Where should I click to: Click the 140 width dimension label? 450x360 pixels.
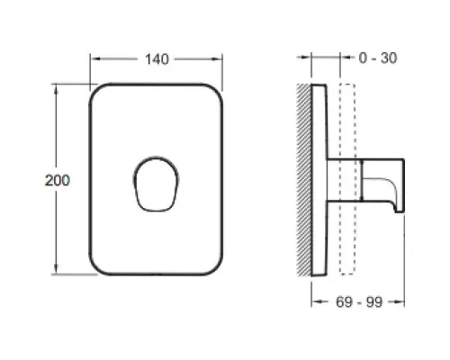point(157,59)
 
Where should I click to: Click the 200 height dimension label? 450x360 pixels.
point(58,180)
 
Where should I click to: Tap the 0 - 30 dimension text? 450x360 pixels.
point(378,58)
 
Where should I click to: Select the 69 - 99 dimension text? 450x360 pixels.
point(359,301)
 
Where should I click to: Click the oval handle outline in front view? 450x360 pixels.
point(134,180)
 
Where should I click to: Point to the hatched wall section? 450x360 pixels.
point(304,180)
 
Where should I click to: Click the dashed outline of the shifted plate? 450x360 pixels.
point(340,179)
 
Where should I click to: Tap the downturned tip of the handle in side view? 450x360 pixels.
point(400,210)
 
